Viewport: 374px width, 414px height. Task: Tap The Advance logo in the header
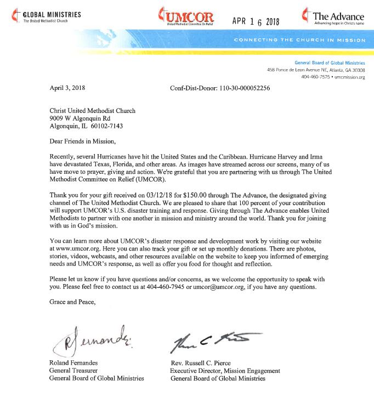click(332, 17)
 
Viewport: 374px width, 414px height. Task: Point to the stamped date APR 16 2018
click(256, 21)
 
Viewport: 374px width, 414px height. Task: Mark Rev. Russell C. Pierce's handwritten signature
click(212, 340)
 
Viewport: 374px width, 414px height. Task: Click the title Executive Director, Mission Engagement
click(225, 371)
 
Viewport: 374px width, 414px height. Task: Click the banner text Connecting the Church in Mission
click(299, 41)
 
